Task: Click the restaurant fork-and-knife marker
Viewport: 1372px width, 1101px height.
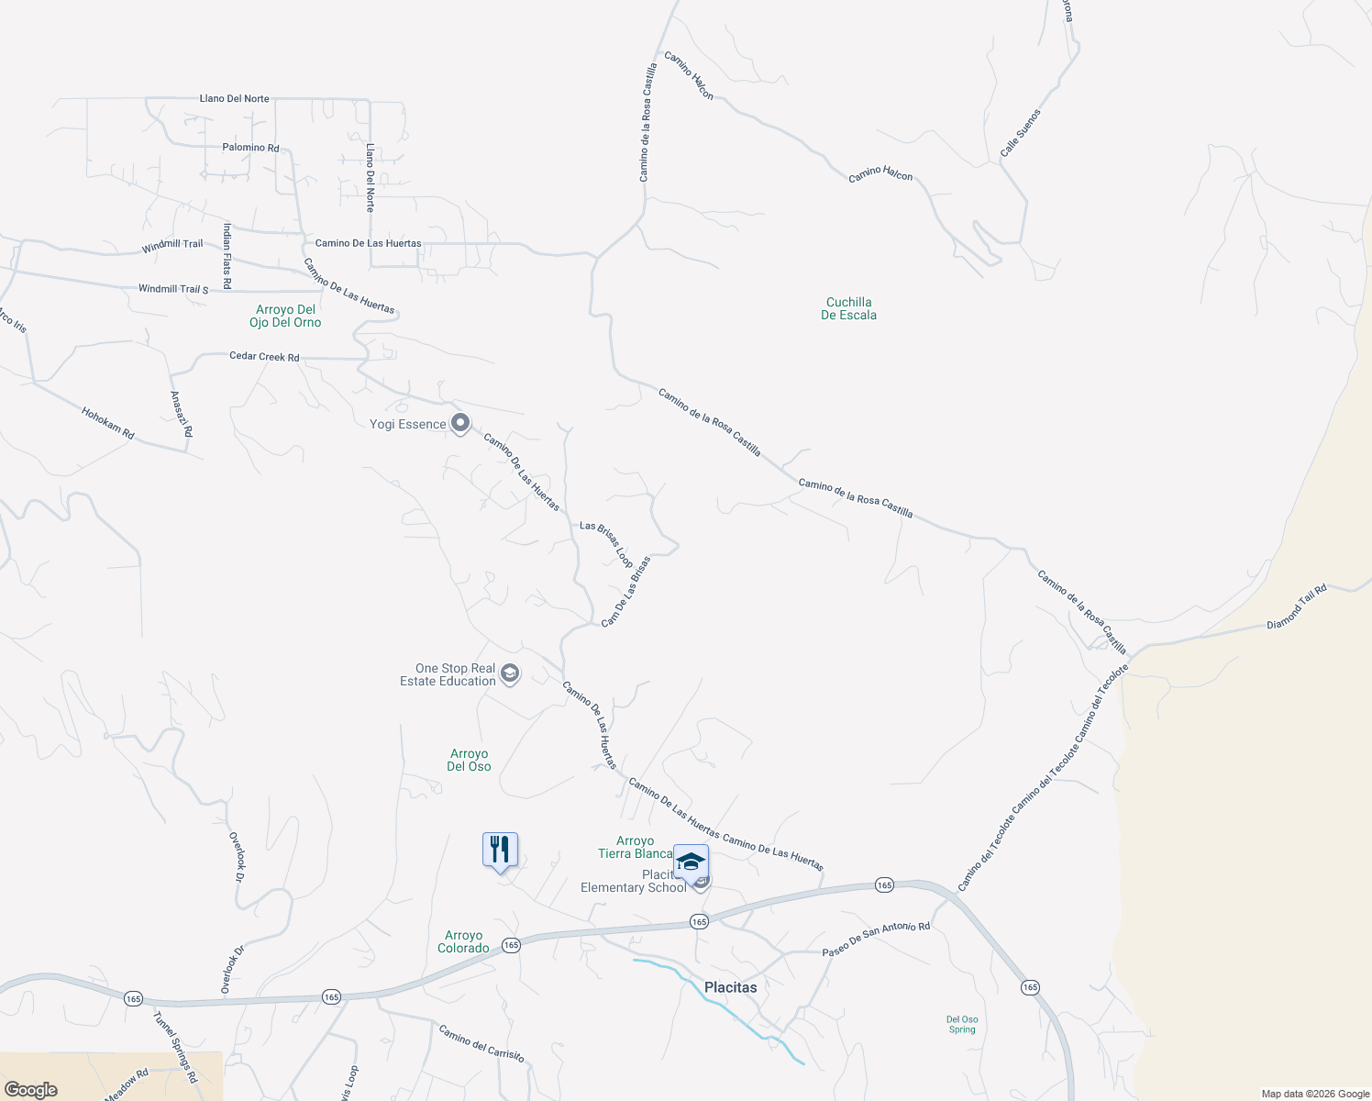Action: (500, 850)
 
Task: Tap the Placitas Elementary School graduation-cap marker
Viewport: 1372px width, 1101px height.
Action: (691, 862)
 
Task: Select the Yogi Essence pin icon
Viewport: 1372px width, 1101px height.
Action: (460, 423)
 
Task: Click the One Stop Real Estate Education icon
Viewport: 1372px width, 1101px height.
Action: (510, 674)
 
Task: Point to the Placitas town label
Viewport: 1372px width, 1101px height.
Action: (730, 987)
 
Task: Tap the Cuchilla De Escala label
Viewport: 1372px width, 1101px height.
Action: (848, 308)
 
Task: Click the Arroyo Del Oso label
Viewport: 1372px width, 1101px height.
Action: (469, 760)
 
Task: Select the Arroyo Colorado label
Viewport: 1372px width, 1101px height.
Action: (463, 941)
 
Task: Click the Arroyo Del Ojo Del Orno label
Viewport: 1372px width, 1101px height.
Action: (285, 316)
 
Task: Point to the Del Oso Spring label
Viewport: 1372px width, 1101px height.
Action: (962, 1024)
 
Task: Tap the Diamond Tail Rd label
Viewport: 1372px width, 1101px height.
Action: (1297, 607)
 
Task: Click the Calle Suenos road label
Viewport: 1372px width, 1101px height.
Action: (1021, 133)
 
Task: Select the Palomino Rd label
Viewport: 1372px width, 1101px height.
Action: (250, 147)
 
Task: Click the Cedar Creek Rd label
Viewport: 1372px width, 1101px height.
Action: (264, 357)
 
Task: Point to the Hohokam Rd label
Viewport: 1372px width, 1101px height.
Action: (107, 423)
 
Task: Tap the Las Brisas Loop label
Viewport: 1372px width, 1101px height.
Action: (606, 544)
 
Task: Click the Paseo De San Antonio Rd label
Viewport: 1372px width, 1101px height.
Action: (876, 940)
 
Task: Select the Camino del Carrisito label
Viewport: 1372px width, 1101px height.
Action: (481, 1043)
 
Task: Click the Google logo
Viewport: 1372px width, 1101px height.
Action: (30, 1090)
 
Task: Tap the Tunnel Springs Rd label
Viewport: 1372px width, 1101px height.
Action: (174, 1047)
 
